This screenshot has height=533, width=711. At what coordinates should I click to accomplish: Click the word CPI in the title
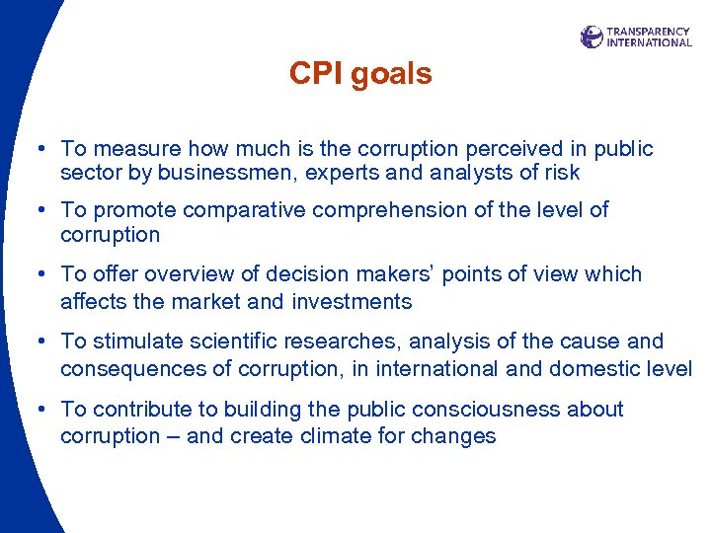[313, 74]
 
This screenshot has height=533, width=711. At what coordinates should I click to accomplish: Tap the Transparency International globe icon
[592, 38]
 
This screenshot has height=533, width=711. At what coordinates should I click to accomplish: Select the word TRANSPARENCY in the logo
[649, 32]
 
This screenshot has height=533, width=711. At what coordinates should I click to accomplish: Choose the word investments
[352, 301]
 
